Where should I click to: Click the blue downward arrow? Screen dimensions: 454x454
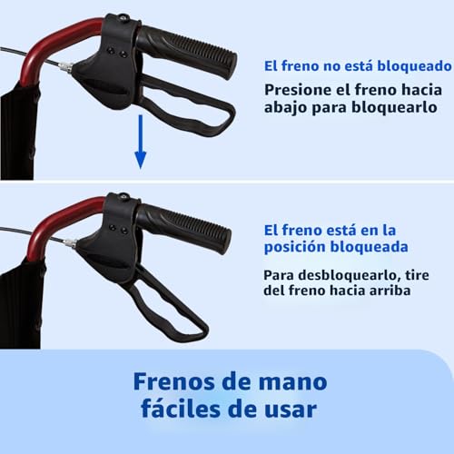pos(140,142)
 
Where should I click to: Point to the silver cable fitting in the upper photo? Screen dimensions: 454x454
pos(66,67)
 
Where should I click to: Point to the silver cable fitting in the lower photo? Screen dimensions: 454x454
pos(69,243)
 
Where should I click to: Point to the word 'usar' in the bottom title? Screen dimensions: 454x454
pos(291,410)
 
